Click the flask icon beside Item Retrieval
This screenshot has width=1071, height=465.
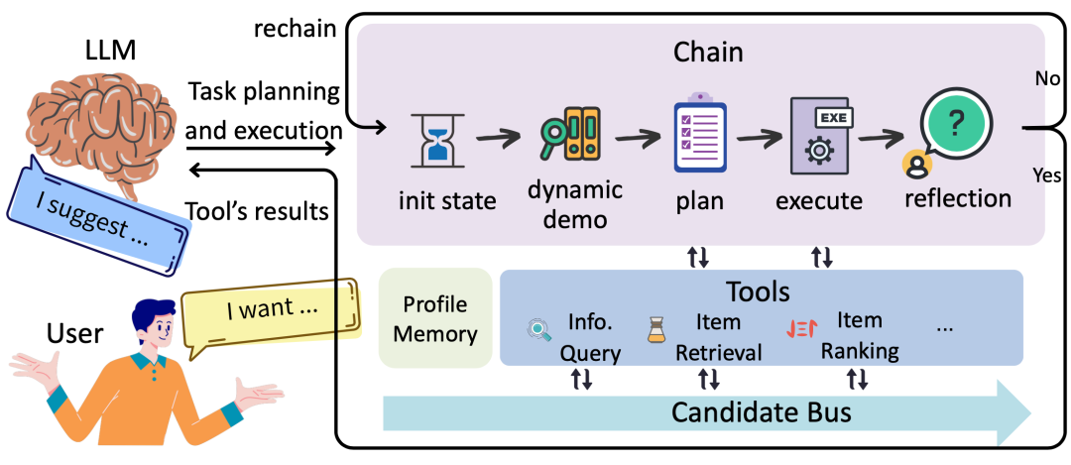(x=655, y=331)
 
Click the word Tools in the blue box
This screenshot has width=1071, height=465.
(x=758, y=291)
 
